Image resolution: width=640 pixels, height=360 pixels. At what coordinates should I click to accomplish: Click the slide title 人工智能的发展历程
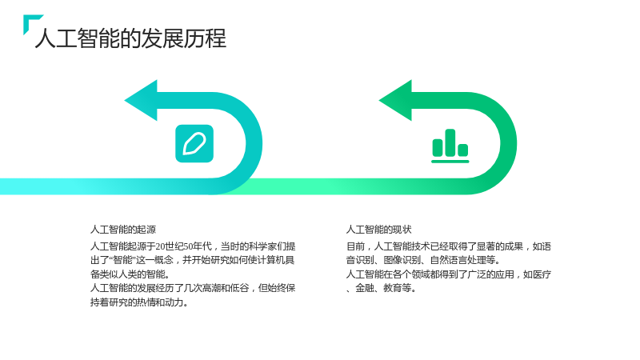130,38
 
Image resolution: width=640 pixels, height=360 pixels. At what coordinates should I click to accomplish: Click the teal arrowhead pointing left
142,101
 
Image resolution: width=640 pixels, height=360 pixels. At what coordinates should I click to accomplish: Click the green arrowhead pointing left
396,101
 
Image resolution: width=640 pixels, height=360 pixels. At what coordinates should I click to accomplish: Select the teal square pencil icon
194,144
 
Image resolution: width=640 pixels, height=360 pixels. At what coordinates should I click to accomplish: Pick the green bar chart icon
450,146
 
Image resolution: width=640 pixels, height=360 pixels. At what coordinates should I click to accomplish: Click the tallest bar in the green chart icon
450,143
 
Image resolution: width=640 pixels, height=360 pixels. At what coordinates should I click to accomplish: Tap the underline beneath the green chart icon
450,162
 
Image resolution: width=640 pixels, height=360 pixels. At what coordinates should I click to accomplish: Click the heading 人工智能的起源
123,230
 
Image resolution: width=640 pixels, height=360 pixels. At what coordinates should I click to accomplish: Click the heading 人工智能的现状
378,230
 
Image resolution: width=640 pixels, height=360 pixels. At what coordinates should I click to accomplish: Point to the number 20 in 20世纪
159,246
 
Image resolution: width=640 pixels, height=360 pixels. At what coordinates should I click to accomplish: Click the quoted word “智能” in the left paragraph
122,260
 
